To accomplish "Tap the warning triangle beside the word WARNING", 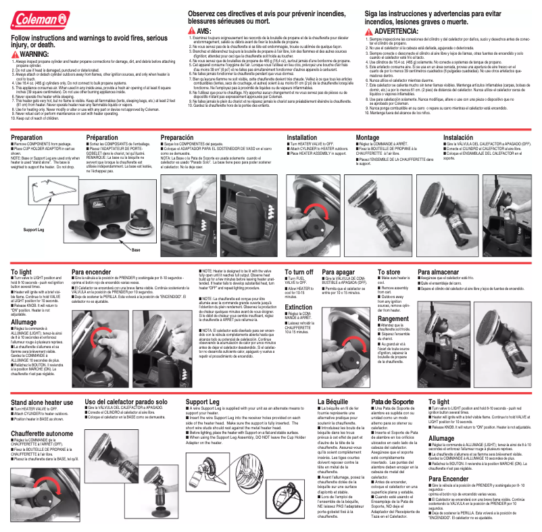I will [x=16, y=53].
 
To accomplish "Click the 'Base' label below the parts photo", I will [x=136, y=250].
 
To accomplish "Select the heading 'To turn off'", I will [x=299, y=272].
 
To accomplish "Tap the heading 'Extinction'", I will [x=299, y=306].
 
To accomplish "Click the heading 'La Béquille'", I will [x=332, y=402].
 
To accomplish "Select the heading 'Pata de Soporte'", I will [x=393, y=402].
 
